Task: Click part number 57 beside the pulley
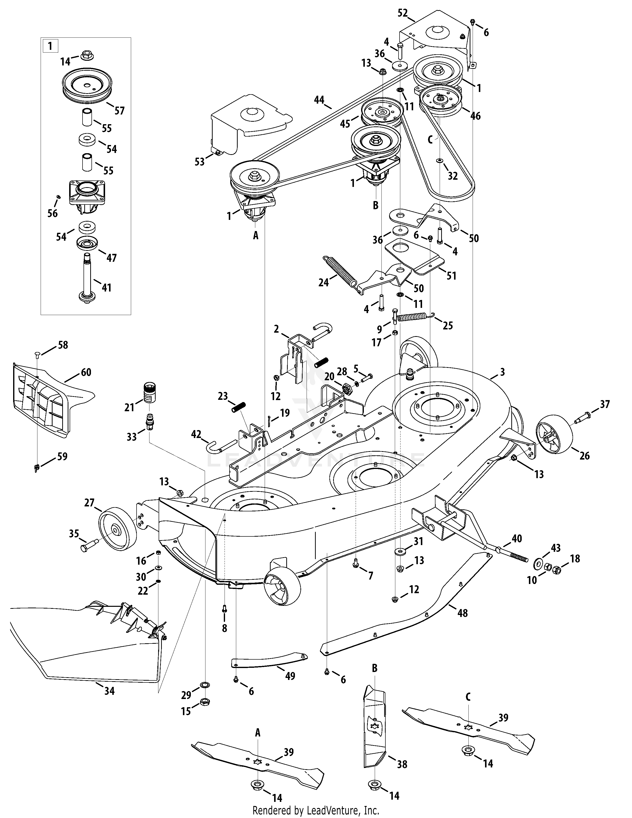click(x=119, y=111)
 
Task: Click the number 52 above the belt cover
click(x=402, y=13)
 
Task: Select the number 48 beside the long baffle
click(x=462, y=613)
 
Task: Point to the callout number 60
click(x=86, y=372)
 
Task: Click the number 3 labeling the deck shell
click(x=502, y=372)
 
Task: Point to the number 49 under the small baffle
click(x=290, y=676)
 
